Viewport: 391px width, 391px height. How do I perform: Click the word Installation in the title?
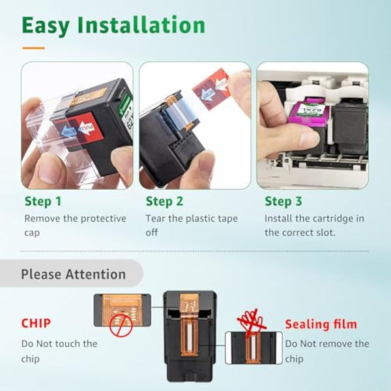pos(141,25)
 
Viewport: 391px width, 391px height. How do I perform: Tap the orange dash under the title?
pos(33,48)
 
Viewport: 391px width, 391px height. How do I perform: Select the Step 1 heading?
pos(43,201)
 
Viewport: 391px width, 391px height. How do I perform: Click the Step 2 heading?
pos(164,201)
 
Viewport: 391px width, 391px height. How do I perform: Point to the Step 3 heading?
pos(283,201)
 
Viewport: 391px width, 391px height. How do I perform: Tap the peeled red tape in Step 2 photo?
pos(211,89)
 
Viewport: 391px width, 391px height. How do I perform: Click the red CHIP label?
pos(36,323)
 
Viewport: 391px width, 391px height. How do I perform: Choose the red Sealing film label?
pos(321,325)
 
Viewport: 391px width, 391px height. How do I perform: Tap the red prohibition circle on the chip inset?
pos(121,325)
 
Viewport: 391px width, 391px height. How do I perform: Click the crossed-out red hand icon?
pos(251,323)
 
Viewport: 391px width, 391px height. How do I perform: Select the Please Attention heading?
pos(73,274)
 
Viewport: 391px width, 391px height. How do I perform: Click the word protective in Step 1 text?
pos(104,219)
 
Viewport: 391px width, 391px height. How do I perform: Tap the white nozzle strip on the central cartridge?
pos(190,338)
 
